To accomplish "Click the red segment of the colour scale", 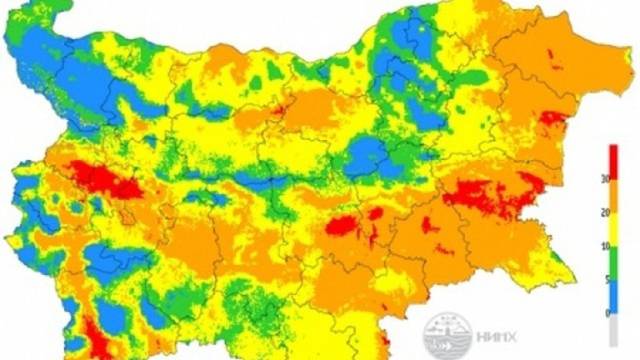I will click(614, 163).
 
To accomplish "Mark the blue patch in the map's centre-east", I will click(371, 156).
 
